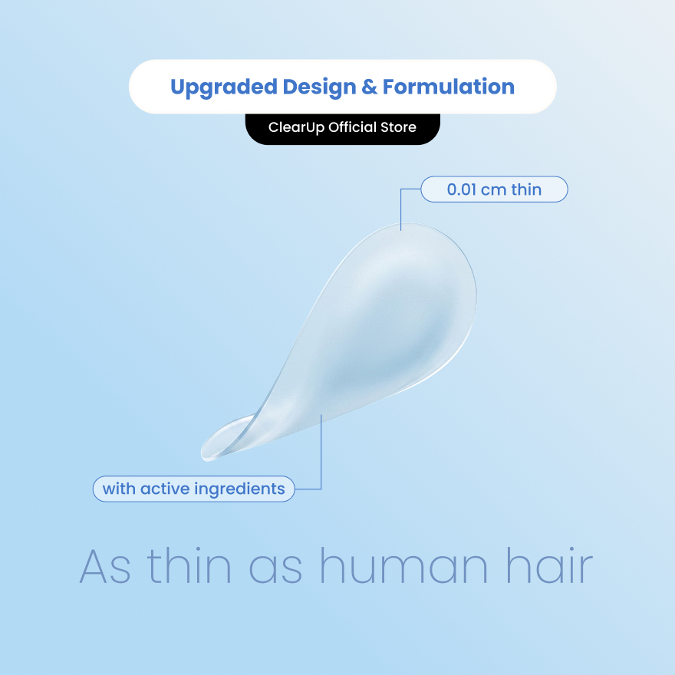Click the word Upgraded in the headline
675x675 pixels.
(x=224, y=87)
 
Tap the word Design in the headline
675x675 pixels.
(x=319, y=87)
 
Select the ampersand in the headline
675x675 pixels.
(x=370, y=87)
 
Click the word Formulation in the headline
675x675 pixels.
(x=449, y=87)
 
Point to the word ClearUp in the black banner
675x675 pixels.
(x=296, y=128)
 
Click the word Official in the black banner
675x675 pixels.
(x=353, y=127)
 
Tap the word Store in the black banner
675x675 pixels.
(x=398, y=127)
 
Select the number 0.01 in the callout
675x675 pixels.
(x=462, y=190)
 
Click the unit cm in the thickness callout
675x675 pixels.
(x=493, y=191)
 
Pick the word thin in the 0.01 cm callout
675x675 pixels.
(x=526, y=189)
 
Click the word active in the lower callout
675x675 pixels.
(x=165, y=489)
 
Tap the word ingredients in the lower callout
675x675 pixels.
(x=239, y=490)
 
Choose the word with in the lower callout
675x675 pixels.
(x=119, y=489)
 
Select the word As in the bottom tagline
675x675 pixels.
(x=105, y=567)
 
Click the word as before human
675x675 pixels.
(x=275, y=570)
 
